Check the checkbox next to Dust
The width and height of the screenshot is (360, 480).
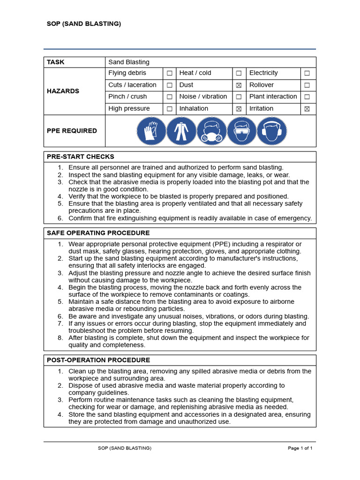click(239, 85)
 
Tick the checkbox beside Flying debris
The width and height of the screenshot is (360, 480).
click(169, 74)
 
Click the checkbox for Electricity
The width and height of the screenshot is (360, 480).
click(307, 74)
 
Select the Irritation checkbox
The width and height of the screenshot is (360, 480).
click(307, 109)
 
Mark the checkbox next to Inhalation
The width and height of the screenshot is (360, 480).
click(239, 109)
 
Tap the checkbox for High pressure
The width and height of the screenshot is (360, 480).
click(169, 109)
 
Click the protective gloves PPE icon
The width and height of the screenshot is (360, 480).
click(151, 131)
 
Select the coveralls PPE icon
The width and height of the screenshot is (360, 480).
click(181, 131)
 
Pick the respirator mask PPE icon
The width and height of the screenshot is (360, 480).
click(211, 131)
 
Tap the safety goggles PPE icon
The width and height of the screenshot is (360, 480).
click(242, 131)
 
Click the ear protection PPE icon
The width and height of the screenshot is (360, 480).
click(272, 131)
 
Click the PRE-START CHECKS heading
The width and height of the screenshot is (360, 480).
click(80, 157)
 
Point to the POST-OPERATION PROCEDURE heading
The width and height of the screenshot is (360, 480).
click(98, 360)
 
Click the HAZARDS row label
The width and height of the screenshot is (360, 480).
click(63, 91)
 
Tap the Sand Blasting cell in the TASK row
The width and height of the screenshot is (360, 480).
click(129, 62)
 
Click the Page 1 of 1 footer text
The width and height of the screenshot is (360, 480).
click(300, 448)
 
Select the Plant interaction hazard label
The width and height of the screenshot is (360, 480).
click(273, 97)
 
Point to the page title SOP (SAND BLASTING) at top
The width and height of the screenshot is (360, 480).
click(84, 24)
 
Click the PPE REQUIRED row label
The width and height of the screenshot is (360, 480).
click(72, 131)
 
